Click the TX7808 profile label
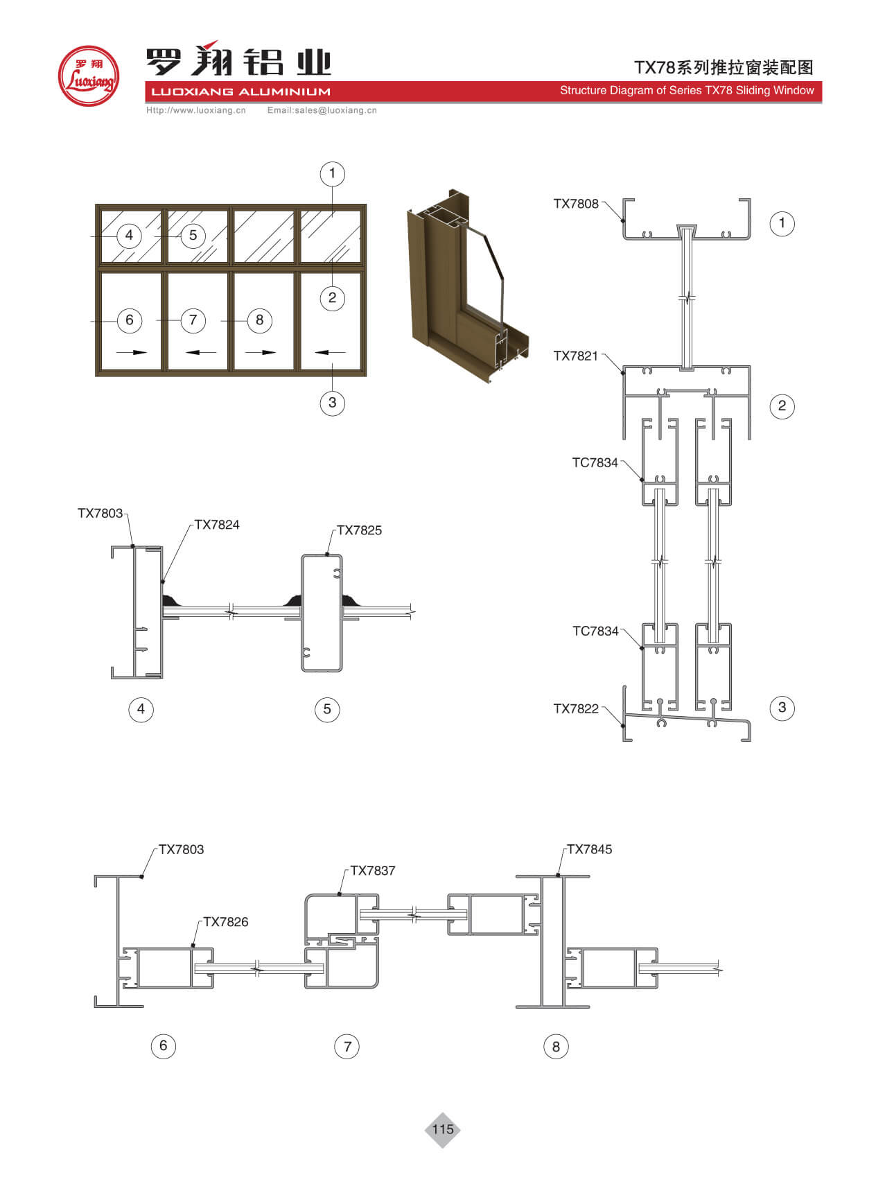point(575,204)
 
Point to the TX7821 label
point(575,356)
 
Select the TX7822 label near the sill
point(575,708)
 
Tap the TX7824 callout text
point(217,525)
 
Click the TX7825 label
point(359,530)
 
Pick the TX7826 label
point(225,922)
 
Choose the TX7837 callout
point(373,871)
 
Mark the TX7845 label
point(589,850)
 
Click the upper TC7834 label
point(595,463)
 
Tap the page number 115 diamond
point(442,1129)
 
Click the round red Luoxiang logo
point(89,76)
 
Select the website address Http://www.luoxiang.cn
point(196,110)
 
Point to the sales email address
point(322,110)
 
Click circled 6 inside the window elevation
point(130,320)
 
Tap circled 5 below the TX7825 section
point(327,709)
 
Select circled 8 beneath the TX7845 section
point(556,1047)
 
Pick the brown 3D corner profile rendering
point(468,284)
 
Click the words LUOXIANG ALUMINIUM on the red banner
point(240,92)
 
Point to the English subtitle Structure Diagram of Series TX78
point(686,90)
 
